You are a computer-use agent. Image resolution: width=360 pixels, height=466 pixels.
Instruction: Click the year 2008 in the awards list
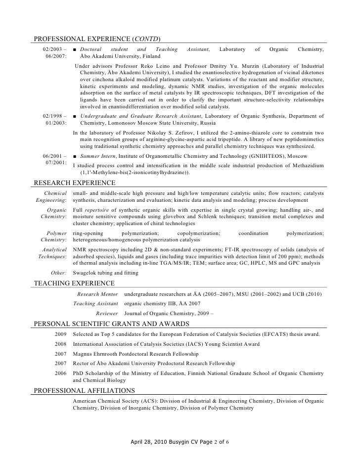point(60,343)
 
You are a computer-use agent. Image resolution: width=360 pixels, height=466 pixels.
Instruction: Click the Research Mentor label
point(97,294)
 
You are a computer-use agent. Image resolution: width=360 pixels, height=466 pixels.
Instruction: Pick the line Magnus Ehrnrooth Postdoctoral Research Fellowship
point(135,354)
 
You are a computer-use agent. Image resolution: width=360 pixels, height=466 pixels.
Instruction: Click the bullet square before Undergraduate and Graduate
point(74,116)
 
